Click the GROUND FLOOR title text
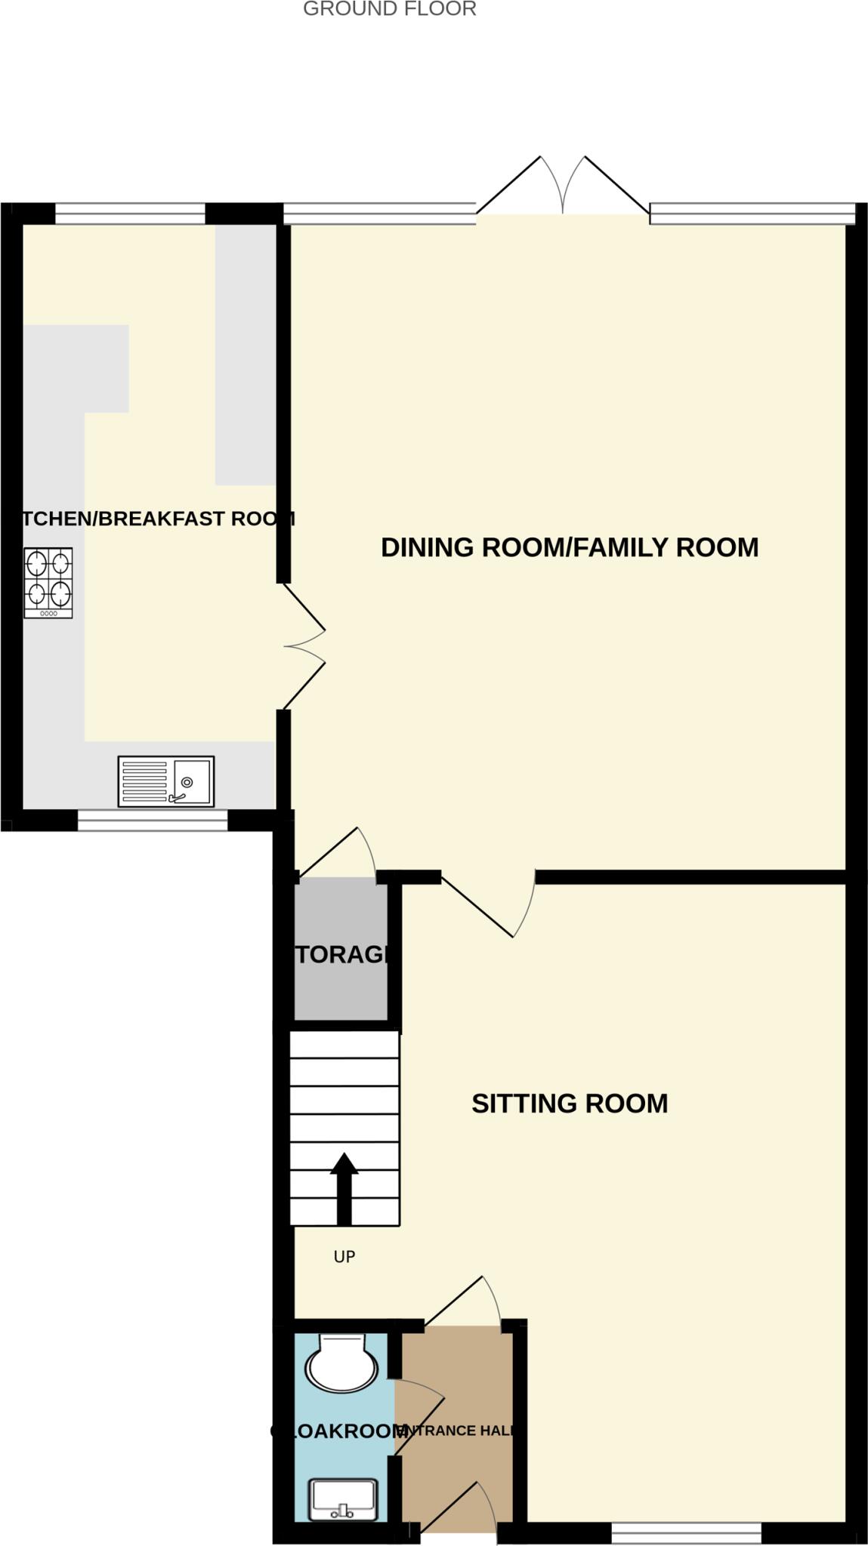[x=389, y=9]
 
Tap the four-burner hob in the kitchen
[x=48, y=582]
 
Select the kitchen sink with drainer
[x=166, y=781]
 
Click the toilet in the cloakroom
[x=341, y=1363]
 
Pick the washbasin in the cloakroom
[x=343, y=1499]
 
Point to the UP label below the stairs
[x=344, y=1257]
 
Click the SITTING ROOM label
[x=570, y=1104]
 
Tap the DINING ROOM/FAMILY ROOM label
[x=570, y=547]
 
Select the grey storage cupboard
[x=340, y=951]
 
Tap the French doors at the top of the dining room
[x=563, y=189]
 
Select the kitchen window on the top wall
[x=130, y=214]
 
